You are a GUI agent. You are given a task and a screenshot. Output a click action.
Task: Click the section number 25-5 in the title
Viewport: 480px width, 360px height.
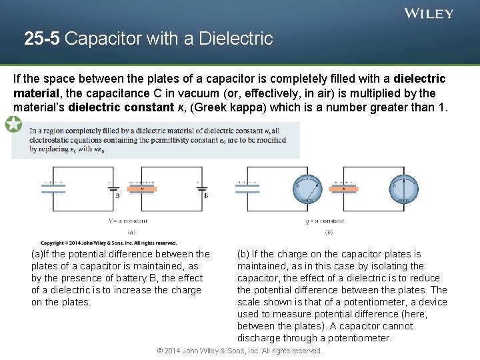(42, 39)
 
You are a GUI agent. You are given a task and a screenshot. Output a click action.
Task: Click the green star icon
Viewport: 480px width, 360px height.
(13, 124)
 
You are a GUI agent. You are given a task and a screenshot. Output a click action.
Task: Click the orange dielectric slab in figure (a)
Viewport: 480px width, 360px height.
(142, 189)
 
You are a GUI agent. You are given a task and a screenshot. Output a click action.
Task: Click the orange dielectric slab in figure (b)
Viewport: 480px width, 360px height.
(345, 189)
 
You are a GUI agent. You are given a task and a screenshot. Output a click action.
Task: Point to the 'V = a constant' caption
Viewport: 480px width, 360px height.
(128, 221)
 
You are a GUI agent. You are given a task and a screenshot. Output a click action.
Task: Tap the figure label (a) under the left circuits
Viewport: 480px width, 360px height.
(131, 232)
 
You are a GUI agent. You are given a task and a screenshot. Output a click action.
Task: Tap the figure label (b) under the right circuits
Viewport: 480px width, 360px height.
(329, 232)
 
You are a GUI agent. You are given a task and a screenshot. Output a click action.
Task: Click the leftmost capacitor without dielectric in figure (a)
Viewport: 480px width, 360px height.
(53, 189)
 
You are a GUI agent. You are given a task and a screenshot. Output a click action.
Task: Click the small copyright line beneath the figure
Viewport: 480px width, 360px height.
(108, 243)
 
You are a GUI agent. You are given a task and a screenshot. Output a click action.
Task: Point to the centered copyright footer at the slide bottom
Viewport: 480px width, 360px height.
(239, 351)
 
